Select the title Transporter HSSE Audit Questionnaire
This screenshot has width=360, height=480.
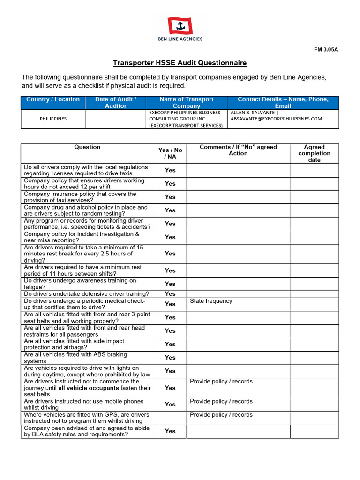pos(180,63)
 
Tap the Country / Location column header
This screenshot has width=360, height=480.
pos(53,99)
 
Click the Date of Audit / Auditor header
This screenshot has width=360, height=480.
pos(116,103)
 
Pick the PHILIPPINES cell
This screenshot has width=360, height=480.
pos(53,119)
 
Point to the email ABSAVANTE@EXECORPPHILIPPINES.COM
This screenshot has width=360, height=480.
pos(276,119)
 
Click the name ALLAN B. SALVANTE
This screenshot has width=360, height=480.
pos(253,112)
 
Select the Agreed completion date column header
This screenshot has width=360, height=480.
pos(314,153)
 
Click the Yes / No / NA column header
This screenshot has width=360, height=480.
pos(170,153)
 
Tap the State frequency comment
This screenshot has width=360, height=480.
pos(211,301)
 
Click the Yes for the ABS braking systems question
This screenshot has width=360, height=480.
pos(170,358)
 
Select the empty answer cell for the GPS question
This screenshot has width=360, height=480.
pos(170,418)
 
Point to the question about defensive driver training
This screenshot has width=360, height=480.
pos(87,294)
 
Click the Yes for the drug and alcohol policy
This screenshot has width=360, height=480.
pos(170,210)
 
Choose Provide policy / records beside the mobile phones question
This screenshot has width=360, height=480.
pos(221,401)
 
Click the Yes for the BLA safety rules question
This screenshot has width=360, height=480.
pos(170,431)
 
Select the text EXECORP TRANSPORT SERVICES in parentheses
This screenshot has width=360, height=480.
pos(186,125)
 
